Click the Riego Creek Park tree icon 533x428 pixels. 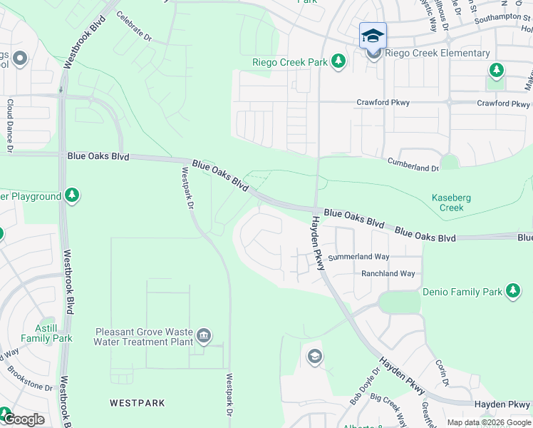(339, 62)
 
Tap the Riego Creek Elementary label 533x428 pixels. (438, 53)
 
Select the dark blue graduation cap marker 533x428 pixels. (373, 36)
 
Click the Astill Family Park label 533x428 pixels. (46, 333)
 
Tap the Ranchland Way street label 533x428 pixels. (388, 274)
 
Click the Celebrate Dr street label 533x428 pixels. (134, 26)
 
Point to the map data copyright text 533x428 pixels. (490, 422)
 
